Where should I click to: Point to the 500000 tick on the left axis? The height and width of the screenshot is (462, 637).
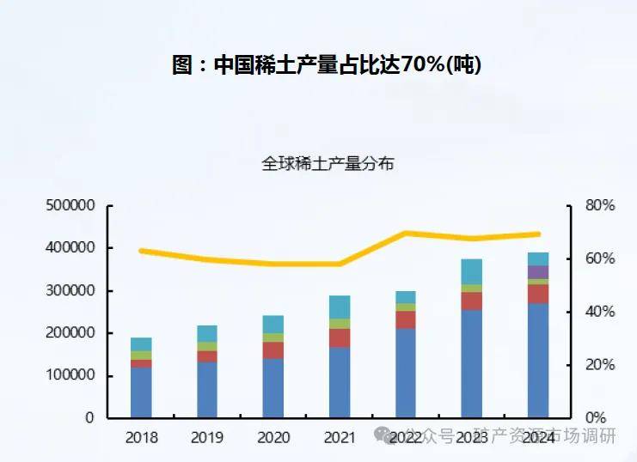click(70, 206)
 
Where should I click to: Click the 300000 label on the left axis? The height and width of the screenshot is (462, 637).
click(70, 291)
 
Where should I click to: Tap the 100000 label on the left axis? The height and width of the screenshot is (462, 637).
click(70, 376)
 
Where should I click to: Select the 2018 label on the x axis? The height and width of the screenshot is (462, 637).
click(141, 438)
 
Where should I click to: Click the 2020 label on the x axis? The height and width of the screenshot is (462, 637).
click(273, 438)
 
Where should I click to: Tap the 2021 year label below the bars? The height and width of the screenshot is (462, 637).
click(340, 438)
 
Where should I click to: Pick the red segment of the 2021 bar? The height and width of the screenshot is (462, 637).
click(340, 337)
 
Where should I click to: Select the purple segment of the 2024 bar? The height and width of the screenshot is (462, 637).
click(538, 271)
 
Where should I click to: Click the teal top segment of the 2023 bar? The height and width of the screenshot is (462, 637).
click(472, 271)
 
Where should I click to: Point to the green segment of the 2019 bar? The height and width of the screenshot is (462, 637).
click(207, 346)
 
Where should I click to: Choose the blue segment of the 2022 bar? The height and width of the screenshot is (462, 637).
click(406, 374)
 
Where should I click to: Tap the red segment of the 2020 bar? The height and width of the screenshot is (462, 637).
click(273, 350)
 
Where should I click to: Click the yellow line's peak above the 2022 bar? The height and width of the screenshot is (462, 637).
click(406, 233)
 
